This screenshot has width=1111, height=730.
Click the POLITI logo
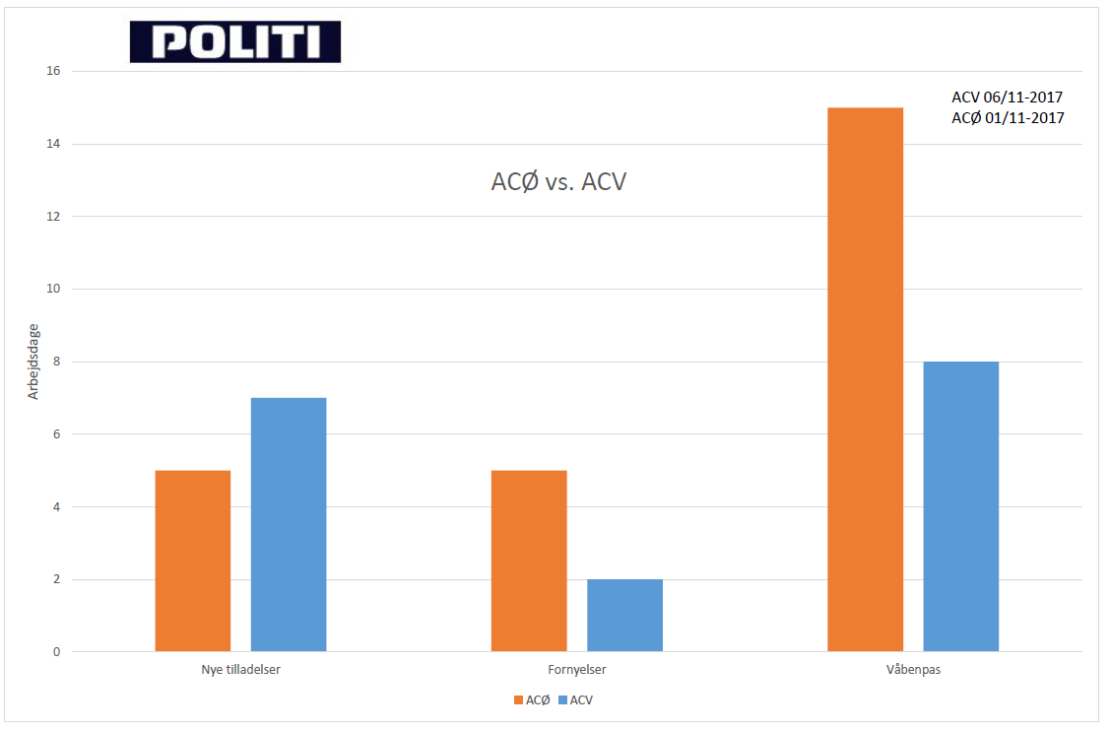click(x=235, y=42)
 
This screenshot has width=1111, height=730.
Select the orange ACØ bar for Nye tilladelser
click(x=193, y=561)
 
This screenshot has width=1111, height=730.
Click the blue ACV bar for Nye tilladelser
click(x=289, y=524)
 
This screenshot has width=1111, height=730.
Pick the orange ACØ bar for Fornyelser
click(x=529, y=561)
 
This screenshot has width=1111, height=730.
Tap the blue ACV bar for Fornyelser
click(x=624, y=615)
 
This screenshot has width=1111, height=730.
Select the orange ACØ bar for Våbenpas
click(x=865, y=379)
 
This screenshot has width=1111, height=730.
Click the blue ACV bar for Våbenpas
click(x=960, y=506)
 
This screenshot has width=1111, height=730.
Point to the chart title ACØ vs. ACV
click(x=558, y=182)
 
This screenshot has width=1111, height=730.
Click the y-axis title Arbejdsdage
click(x=33, y=363)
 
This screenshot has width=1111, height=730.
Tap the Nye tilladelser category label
click(x=240, y=670)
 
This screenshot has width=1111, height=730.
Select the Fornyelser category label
click(x=577, y=670)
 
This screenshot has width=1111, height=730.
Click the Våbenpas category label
click(x=913, y=670)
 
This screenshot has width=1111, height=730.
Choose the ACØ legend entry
click(x=532, y=700)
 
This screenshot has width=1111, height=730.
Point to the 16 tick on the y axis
click(x=53, y=71)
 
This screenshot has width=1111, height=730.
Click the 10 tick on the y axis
click(x=53, y=289)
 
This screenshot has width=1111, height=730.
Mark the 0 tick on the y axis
click(x=56, y=652)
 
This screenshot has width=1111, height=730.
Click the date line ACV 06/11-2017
click(x=1008, y=98)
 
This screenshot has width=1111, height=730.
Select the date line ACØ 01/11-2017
click(x=1008, y=118)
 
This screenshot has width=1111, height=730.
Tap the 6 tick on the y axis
click(x=56, y=434)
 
